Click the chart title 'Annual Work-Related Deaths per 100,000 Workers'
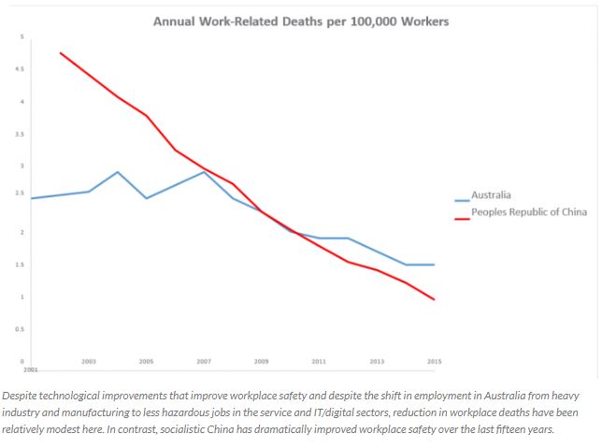300,21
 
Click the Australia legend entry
491,195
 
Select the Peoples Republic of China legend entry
528,212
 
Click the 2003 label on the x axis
89,361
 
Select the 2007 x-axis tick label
204,361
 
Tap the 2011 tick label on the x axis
319,361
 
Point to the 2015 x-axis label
434,361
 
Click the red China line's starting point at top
61,53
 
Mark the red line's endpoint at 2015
434,299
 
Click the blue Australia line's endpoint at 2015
434,265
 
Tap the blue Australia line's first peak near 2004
118,172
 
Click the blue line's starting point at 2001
32,198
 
